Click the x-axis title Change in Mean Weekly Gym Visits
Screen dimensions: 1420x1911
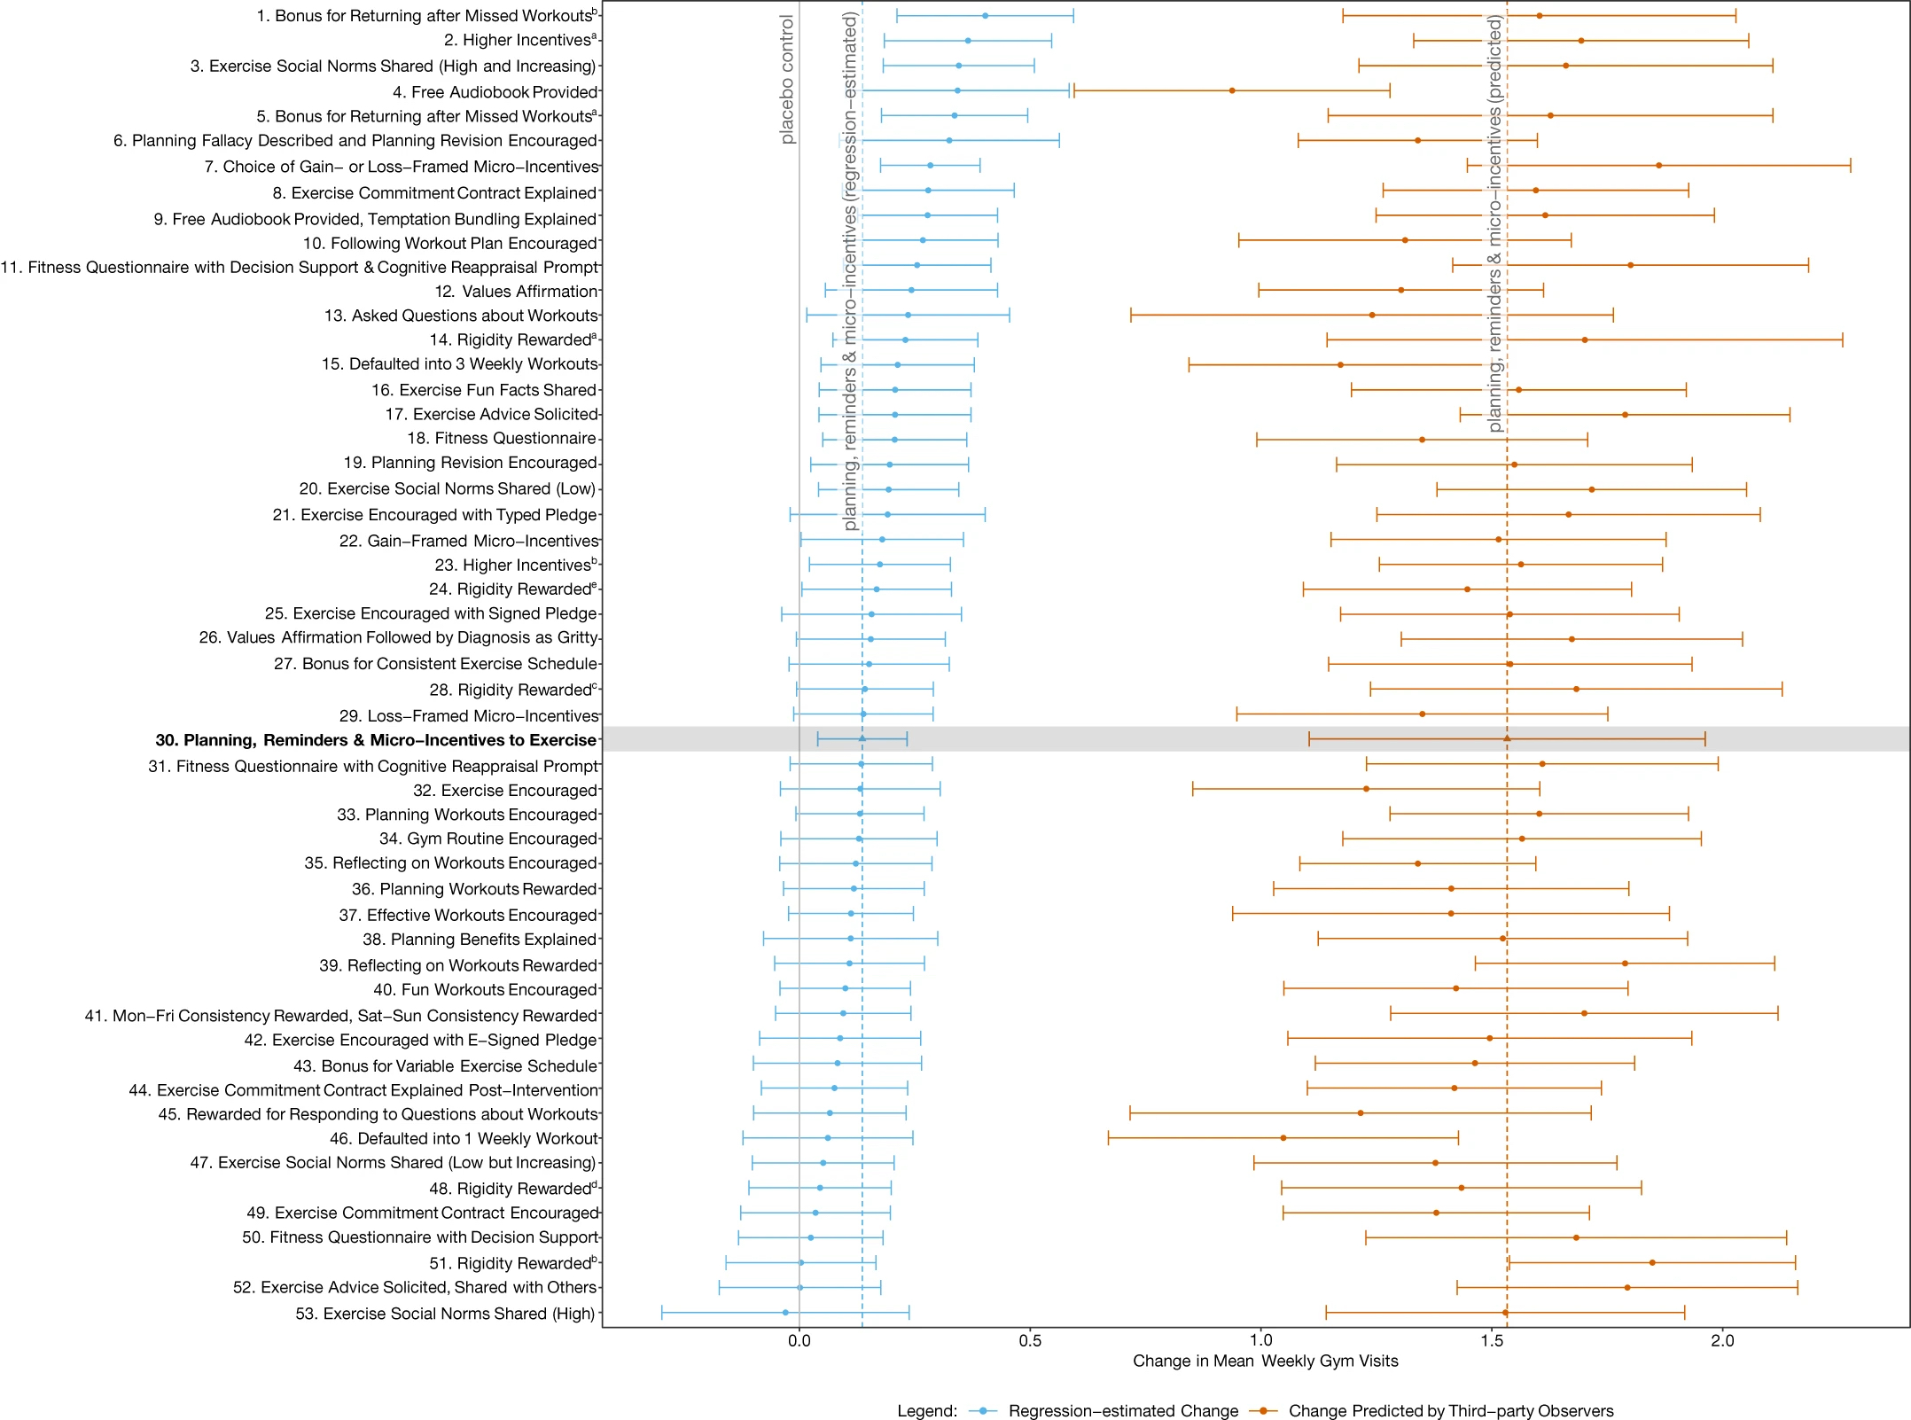point(1265,1361)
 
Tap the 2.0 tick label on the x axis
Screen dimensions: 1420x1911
point(1722,1341)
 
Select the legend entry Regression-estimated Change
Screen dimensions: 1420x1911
point(1122,1410)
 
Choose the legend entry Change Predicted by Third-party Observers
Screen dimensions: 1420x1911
point(1450,1410)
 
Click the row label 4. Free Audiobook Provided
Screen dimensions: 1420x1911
point(495,92)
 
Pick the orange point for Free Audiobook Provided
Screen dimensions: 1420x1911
point(1232,90)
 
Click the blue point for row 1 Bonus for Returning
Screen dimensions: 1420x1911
point(985,16)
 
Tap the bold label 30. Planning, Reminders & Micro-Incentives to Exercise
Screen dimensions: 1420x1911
point(376,740)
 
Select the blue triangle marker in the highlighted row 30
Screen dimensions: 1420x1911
point(862,738)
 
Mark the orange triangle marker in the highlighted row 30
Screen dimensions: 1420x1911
point(1507,738)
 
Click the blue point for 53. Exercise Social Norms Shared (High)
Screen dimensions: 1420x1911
point(785,1313)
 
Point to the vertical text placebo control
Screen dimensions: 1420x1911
point(787,80)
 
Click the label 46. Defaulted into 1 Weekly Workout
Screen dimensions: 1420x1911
point(464,1139)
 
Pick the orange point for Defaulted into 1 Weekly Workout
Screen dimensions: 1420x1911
point(1283,1138)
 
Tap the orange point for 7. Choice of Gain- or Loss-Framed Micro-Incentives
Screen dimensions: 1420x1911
point(1658,166)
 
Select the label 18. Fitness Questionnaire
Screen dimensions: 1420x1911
point(501,439)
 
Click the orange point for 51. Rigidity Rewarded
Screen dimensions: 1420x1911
point(1652,1262)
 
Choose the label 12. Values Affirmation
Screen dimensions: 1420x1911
point(516,292)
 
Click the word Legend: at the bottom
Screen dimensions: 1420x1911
point(927,1410)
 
